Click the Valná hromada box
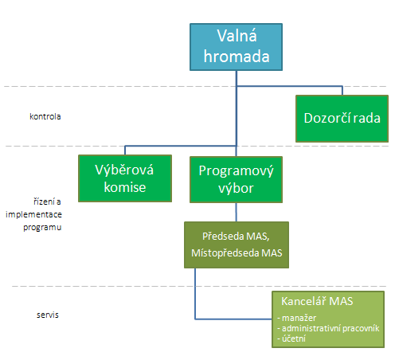pos(236,47)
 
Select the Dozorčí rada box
pos(342,119)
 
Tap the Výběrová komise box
pos(125,178)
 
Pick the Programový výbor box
pos(236,180)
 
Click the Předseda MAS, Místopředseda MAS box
pos(237,245)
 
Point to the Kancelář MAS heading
pos(317,301)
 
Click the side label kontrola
pos(45,116)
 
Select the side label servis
pos(48,315)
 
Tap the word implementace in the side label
pos(33,214)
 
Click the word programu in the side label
pos(42,228)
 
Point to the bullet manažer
pos(297,318)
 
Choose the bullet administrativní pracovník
pos(328,328)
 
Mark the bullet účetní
pos(291,338)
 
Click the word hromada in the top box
pos(237,57)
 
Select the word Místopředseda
pos(225,253)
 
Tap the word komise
pos(125,187)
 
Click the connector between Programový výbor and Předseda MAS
pos(237,213)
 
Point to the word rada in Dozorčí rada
pos(366,118)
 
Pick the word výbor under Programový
pos(236,189)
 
